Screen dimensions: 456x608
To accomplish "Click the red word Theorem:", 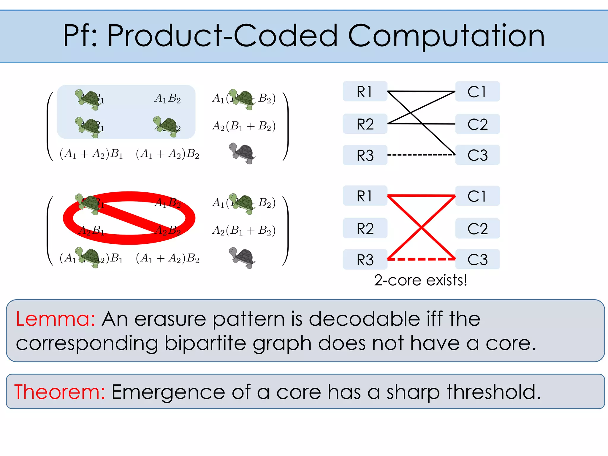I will click(x=60, y=392).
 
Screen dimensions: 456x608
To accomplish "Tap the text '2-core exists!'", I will click(x=420, y=280).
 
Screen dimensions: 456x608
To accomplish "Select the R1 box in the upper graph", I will click(x=365, y=91).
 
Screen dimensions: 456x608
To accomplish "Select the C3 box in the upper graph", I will click(x=477, y=155).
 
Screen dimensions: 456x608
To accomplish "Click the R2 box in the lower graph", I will click(x=365, y=228).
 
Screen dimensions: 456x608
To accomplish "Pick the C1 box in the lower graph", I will click(x=477, y=196).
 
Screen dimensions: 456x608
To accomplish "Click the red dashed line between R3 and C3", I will click(x=421, y=259).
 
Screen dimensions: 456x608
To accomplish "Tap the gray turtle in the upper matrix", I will click(x=243, y=153).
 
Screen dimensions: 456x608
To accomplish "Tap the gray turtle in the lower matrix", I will click(x=243, y=257).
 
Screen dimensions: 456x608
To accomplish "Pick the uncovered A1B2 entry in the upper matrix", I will click(x=167, y=98).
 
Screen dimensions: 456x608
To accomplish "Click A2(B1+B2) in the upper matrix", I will click(x=244, y=126).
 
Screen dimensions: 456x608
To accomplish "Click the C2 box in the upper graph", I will click(x=477, y=124).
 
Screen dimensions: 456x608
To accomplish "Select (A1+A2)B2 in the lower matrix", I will click(x=167, y=258).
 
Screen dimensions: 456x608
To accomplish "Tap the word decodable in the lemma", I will click(x=365, y=319).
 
